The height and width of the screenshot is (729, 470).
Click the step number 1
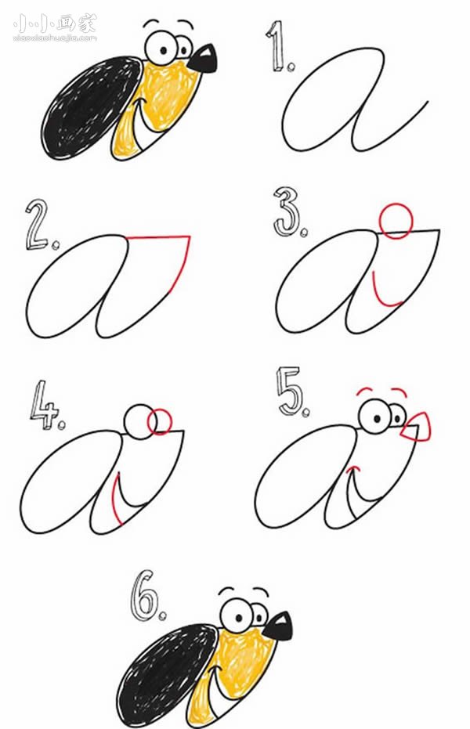[278, 47]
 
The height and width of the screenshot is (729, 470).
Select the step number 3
[287, 211]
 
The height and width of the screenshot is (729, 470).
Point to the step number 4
[45, 405]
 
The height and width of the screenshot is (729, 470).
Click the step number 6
[146, 594]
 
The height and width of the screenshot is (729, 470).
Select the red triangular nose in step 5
[417, 427]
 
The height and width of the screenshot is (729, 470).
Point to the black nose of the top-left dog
[204, 59]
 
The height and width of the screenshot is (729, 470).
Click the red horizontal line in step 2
[158, 237]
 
